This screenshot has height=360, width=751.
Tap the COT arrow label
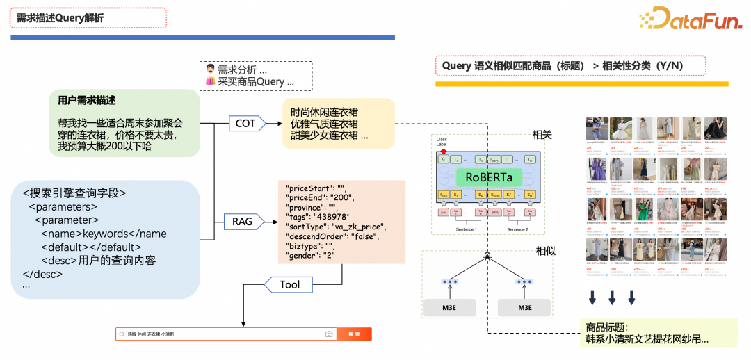click(x=245, y=124)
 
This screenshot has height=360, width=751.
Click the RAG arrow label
click(x=243, y=222)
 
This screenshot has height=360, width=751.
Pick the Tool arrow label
click(x=289, y=284)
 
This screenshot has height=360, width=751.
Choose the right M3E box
click(x=524, y=308)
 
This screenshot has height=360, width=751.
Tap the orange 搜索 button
click(x=354, y=334)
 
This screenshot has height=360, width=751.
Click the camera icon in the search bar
click(x=329, y=334)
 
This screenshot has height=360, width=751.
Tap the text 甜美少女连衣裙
click(x=329, y=136)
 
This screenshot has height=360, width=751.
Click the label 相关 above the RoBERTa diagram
click(x=542, y=135)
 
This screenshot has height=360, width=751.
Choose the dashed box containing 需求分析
click(x=255, y=76)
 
